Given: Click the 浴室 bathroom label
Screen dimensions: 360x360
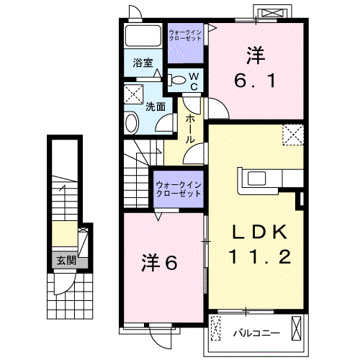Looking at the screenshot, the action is [x=143, y=63].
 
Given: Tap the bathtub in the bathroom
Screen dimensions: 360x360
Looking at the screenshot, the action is [x=143, y=35].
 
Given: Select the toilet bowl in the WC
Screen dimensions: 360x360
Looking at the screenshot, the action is [x=177, y=80].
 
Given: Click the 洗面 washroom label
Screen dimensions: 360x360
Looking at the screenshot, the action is [x=156, y=107].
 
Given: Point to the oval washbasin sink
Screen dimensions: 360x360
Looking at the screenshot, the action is [x=131, y=122].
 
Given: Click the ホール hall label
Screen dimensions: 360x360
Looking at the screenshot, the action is [x=190, y=129].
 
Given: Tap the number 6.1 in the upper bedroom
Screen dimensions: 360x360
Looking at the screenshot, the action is [x=255, y=81].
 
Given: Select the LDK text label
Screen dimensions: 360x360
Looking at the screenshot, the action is [x=259, y=232].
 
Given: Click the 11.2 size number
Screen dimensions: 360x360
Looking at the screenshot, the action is [x=260, y=256].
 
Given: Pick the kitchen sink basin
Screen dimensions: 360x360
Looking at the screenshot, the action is [x=256, y=179].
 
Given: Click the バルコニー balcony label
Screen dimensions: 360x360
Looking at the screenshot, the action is [x=256, y=333].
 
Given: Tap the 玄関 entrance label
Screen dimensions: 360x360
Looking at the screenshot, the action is [x=66, y=260].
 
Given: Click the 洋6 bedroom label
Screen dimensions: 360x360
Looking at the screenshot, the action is [x=159, y=263].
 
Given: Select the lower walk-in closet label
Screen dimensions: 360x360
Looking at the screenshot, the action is [x=179, y=189].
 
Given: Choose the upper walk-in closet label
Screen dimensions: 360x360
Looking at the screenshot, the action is [x=185, y=35].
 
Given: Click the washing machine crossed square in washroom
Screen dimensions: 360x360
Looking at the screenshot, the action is [x=134, y=94].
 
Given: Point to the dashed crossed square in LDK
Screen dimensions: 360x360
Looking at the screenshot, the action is [x=293, y=135].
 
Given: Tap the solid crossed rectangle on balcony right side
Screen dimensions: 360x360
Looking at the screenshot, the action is [x=296, y=328].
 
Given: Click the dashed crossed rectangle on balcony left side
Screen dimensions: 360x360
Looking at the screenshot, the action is [x=215, y=328].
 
